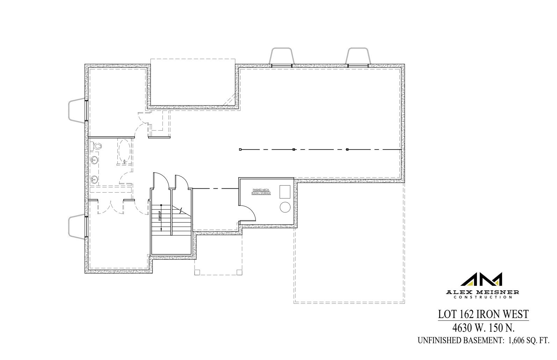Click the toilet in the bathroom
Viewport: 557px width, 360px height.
96,146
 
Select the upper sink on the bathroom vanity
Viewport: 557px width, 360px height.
94,161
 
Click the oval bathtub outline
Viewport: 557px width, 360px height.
124,152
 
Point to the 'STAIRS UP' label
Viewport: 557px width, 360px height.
159,217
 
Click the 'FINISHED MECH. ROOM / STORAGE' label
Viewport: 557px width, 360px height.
261,192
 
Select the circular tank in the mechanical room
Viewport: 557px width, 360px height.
285,207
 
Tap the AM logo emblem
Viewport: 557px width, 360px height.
482,279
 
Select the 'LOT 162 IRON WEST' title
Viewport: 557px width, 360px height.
483,315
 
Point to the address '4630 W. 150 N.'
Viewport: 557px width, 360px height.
483,327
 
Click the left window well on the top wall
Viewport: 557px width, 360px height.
281,56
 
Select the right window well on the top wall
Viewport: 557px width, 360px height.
358,56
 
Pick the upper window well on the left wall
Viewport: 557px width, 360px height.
77,111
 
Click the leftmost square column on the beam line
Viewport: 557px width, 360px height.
240,150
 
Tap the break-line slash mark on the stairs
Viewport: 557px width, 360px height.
180,210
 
